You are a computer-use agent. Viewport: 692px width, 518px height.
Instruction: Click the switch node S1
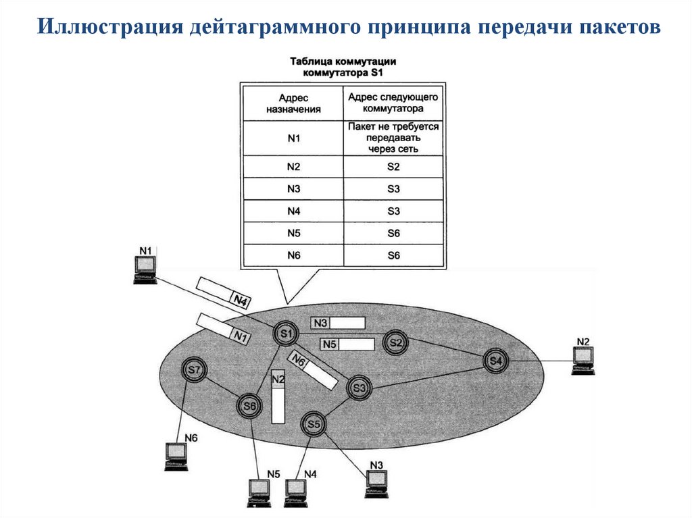[x=286, y=333]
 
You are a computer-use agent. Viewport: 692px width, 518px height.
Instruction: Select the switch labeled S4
[x=495, y=361]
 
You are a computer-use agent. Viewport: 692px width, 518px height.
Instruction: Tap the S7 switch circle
[x=194, y=369]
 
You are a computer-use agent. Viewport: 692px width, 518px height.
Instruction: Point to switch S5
[x=313, y=424]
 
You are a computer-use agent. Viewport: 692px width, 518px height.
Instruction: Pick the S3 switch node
[x=358, y=388]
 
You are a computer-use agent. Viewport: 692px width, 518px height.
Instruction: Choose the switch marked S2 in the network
[x=395, y=343]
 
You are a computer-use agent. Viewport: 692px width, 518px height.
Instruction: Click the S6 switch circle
[x=249, y=405]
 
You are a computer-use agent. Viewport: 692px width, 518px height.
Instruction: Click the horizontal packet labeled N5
[x=347, y=344]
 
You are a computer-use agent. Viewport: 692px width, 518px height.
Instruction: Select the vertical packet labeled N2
[x=278, y=397]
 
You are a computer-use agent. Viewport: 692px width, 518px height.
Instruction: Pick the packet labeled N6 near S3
[x=313, y=371]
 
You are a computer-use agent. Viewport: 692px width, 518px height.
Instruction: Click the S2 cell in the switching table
[x=393, y=166]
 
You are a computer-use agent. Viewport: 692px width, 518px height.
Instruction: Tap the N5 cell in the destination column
[x=293, y=234]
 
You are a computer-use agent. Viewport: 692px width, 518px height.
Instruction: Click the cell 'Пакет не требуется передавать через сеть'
[x=393, y=138]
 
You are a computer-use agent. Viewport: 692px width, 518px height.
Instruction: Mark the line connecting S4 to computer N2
[x=541, y=361]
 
